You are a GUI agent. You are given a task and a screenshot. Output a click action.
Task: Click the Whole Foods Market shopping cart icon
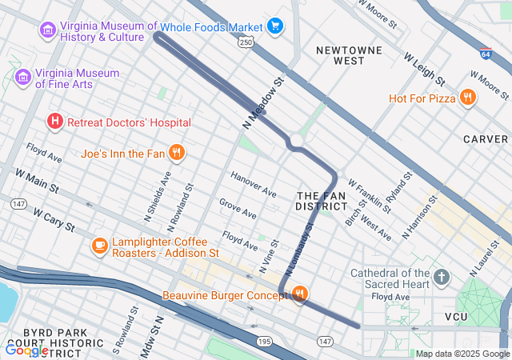tap(276, 26)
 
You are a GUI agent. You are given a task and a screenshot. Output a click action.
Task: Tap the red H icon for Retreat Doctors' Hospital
tap(54, 122)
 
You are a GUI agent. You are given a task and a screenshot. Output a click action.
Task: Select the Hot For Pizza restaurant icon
tap(467, 98)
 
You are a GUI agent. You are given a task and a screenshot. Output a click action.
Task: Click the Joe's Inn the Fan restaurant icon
tap(178, 152)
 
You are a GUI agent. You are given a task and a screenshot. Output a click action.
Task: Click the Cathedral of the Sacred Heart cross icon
tap(441, 278)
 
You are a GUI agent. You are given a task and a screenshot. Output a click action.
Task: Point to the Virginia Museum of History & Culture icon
tap(47, 30)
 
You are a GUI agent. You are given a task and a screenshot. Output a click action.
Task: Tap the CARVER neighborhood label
tap(485, 139)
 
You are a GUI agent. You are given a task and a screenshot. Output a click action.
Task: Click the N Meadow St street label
tap(263, 104)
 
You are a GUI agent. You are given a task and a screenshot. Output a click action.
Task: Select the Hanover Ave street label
tap(253, 185)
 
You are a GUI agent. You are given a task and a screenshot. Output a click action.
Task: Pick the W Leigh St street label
tap(424, 70)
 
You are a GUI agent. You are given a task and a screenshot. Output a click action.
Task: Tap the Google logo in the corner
tap(26, 350)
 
